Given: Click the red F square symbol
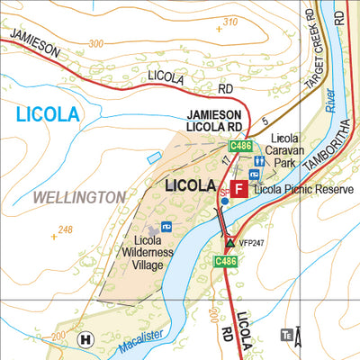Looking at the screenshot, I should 238,189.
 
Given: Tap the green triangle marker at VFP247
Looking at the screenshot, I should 230,242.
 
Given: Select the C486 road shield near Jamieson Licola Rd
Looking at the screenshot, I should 239,146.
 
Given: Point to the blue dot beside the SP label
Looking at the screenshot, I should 223,202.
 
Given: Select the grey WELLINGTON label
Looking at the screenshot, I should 80,196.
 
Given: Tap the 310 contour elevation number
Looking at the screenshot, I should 229,21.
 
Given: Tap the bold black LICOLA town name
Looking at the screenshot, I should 192,185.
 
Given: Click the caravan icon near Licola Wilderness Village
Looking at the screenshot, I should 166,226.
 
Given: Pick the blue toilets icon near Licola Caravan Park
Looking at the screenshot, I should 257,161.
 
